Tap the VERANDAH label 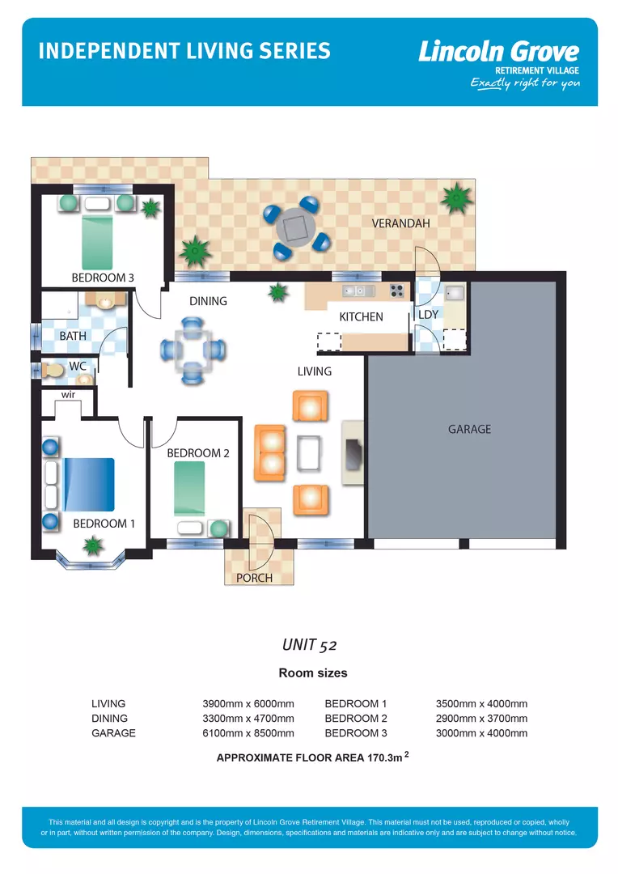400,223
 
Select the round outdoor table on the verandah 295,228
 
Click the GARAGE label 469,429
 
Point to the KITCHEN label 361,316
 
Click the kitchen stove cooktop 396,291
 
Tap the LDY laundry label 427,314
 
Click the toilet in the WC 54,370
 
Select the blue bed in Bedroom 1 89,484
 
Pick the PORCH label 254,578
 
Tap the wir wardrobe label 69,394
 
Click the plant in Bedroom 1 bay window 94,547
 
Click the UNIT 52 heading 309,645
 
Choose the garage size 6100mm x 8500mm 248,733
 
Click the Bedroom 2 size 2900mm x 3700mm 481,719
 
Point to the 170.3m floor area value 383,758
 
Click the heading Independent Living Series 184,51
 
